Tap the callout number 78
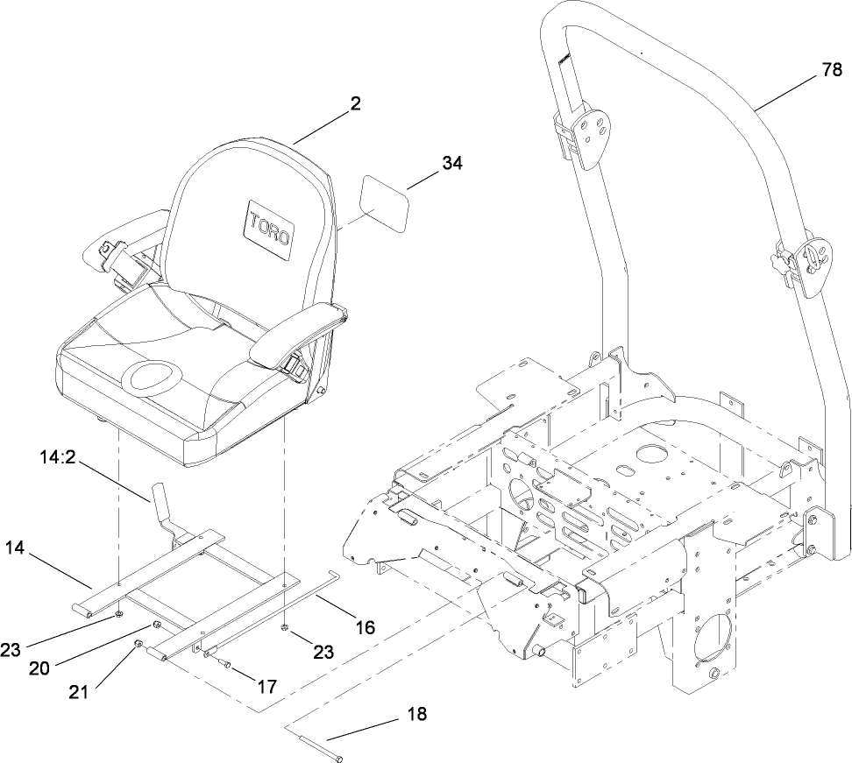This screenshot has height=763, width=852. point(832,74)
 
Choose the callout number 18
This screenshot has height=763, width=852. point(417,714)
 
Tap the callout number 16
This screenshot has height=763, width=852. point(365,626)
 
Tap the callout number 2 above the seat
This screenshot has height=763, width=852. point(355,102)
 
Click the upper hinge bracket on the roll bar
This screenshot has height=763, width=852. point(584,133)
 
